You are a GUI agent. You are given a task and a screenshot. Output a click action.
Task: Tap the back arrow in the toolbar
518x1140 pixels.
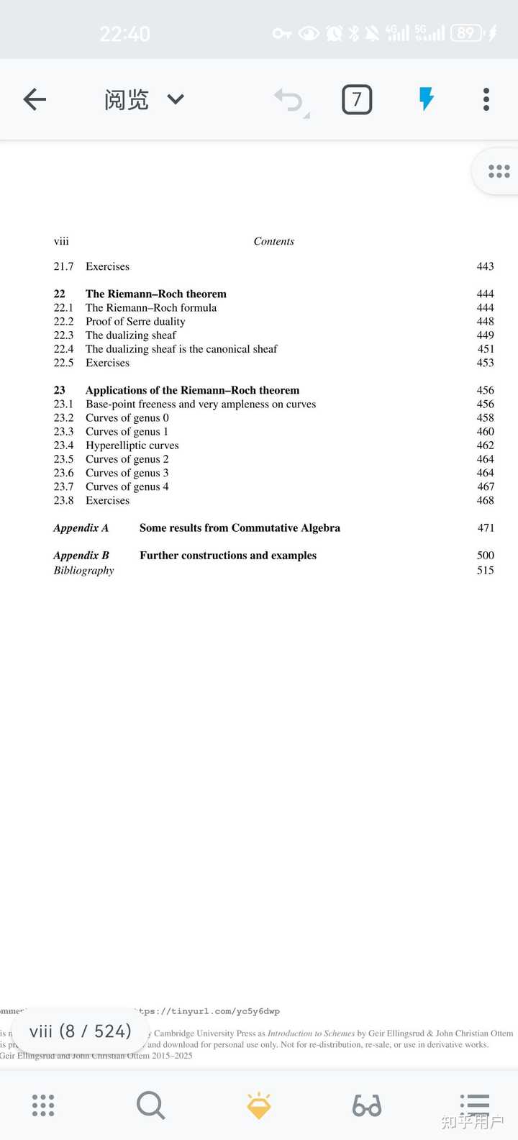point(35,99)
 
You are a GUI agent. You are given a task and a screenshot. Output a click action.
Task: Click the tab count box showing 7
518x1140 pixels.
point(357,99)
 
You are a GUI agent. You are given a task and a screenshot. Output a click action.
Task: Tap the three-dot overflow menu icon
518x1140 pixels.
point(486,99)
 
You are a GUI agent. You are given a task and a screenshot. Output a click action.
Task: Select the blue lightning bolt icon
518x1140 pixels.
point(427,99)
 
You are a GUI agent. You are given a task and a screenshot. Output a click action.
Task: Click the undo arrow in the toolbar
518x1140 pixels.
point(290,100)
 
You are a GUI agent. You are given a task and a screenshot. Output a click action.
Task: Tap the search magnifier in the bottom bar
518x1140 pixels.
point(150,1105)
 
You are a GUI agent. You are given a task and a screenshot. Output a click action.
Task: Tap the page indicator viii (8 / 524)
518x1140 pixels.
point(80,1031)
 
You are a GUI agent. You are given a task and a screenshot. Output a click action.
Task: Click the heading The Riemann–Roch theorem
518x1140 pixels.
point(155,294)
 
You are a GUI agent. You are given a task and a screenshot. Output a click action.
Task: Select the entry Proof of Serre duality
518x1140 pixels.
point(135,322)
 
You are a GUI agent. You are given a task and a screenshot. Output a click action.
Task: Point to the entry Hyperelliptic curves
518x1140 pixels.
point(132,445)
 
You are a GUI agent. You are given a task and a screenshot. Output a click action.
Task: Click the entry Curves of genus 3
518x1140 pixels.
point(127,473)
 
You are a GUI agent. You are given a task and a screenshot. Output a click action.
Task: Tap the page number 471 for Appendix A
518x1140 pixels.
point(486,528)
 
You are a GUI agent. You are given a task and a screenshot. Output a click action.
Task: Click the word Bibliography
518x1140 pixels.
point(83,571)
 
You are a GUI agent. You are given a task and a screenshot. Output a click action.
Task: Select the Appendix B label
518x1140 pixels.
point(81,556)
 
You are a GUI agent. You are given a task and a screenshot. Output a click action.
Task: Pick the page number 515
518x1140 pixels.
point(486,571)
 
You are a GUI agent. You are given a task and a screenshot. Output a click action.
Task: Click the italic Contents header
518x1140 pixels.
point(273,242)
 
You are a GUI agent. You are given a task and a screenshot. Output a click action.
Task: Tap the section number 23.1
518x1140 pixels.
point(63,404)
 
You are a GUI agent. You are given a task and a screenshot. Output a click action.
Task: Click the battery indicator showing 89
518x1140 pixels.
point(465,33)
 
